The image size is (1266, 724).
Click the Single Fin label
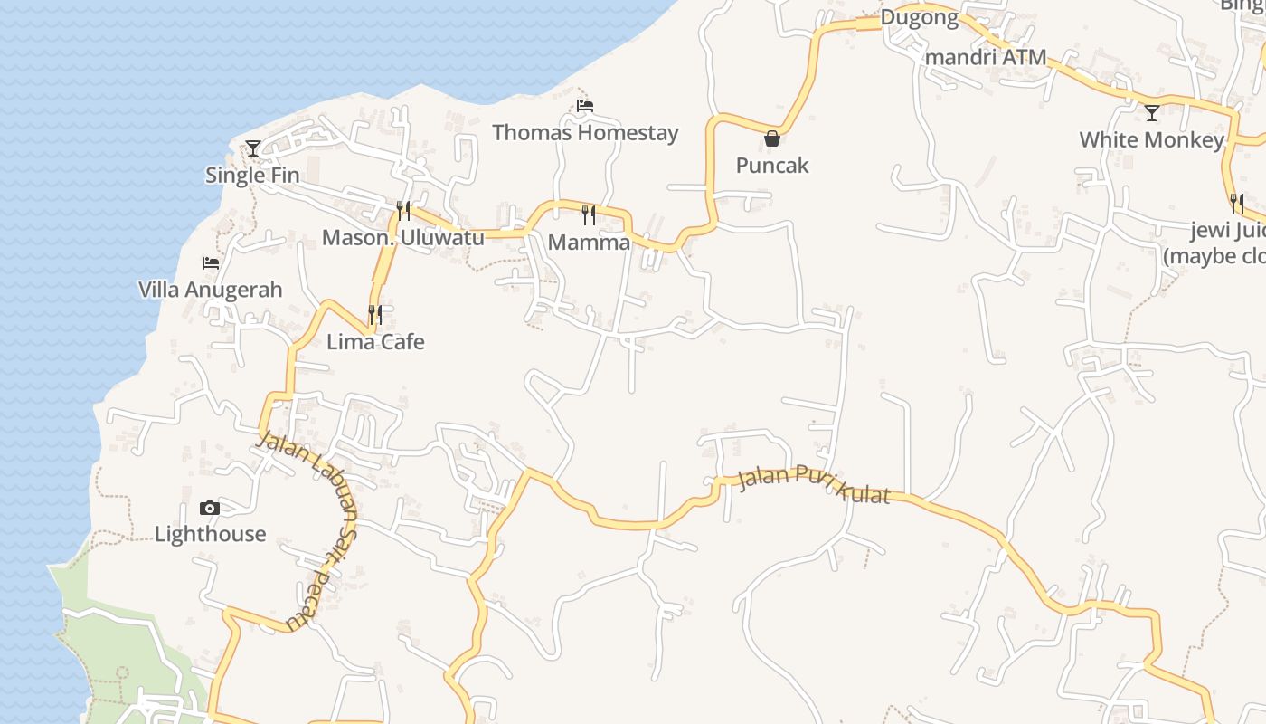click(252, 176)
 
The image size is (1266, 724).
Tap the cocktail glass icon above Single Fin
click(253, 148)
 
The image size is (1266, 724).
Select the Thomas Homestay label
click(585, 133)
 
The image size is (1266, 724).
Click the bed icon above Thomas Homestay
click(585, 106)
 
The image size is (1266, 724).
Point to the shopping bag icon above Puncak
click(772, 138)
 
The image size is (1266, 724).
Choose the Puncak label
click(772, 166)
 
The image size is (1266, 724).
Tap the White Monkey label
click(1151, 140)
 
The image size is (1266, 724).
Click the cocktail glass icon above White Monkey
click(1152, 113)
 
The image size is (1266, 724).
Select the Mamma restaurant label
click(589, 243)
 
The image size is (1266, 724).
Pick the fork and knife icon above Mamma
click(589, 214)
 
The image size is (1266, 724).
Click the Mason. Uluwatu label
click(403, 238)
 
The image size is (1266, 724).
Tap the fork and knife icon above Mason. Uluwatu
click(403, 211)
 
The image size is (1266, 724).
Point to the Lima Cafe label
click(375, 342)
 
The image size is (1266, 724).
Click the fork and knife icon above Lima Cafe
click(375, 315)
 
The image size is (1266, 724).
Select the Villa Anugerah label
click(211, 291)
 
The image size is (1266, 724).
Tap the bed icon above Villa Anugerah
click(211, 263)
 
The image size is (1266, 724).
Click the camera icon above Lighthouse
click(210, 508)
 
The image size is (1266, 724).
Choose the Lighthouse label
click(211, 534)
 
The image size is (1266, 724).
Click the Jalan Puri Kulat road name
click(814, 483)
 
